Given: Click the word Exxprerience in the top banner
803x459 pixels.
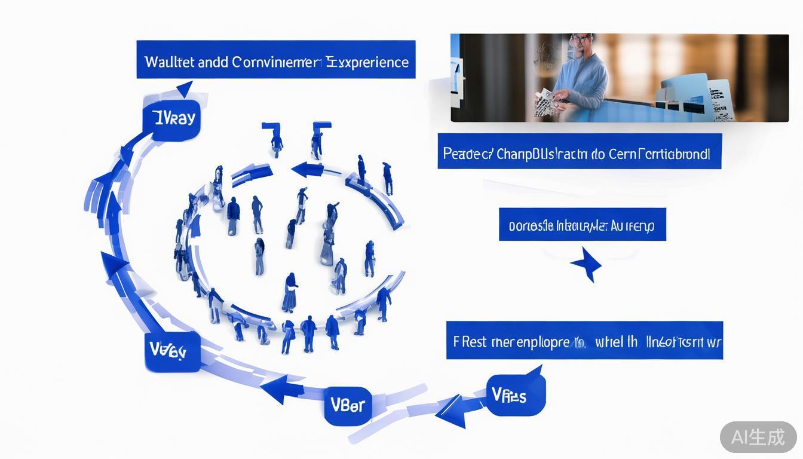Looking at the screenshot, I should click(367, 62).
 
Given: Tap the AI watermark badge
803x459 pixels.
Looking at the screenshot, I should click(758, 437).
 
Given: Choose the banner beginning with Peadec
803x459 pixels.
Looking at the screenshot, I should click(579, 151).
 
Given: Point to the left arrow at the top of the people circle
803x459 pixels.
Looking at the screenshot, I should click(308, 170).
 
